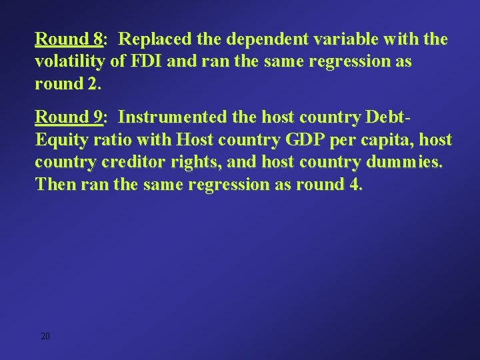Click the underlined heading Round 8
coord(68,40)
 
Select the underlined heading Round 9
coord(68,118)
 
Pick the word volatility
coord(69,63)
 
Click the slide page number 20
coord(45,337)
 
